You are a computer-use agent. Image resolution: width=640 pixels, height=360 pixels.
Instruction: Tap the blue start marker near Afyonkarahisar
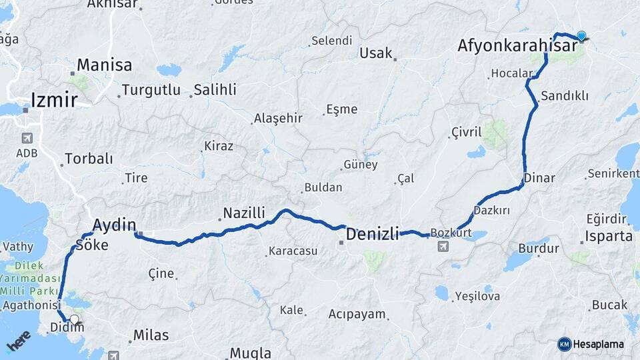coord(581,36)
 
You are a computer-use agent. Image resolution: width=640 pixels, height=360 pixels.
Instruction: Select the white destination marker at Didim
coord(74,320)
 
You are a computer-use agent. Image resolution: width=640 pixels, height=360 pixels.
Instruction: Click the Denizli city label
coord(372,234)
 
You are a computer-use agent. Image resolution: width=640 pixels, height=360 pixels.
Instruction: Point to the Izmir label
coord(54,101)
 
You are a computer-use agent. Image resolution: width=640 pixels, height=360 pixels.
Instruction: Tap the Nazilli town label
coord(244,213)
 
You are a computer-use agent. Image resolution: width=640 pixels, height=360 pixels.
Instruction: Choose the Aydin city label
coord(115,224)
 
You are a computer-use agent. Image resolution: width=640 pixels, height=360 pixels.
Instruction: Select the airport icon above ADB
coord(27,139)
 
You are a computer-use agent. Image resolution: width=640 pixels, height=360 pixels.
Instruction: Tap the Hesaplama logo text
coord(597,344)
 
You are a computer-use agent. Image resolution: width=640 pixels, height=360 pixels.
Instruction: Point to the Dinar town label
coord(539,179)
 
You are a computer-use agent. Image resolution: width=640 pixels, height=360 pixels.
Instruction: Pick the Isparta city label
coord(608,236)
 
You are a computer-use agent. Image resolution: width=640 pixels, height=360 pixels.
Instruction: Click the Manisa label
coord(104,65)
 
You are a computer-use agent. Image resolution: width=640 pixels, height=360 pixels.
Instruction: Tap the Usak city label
coord(376,53)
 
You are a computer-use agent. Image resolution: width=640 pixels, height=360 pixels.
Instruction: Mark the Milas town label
coord(151,335)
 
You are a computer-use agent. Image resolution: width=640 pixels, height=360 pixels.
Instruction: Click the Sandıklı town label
coord(565,96)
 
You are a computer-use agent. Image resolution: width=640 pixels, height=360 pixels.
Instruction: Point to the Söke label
coord(93,245)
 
